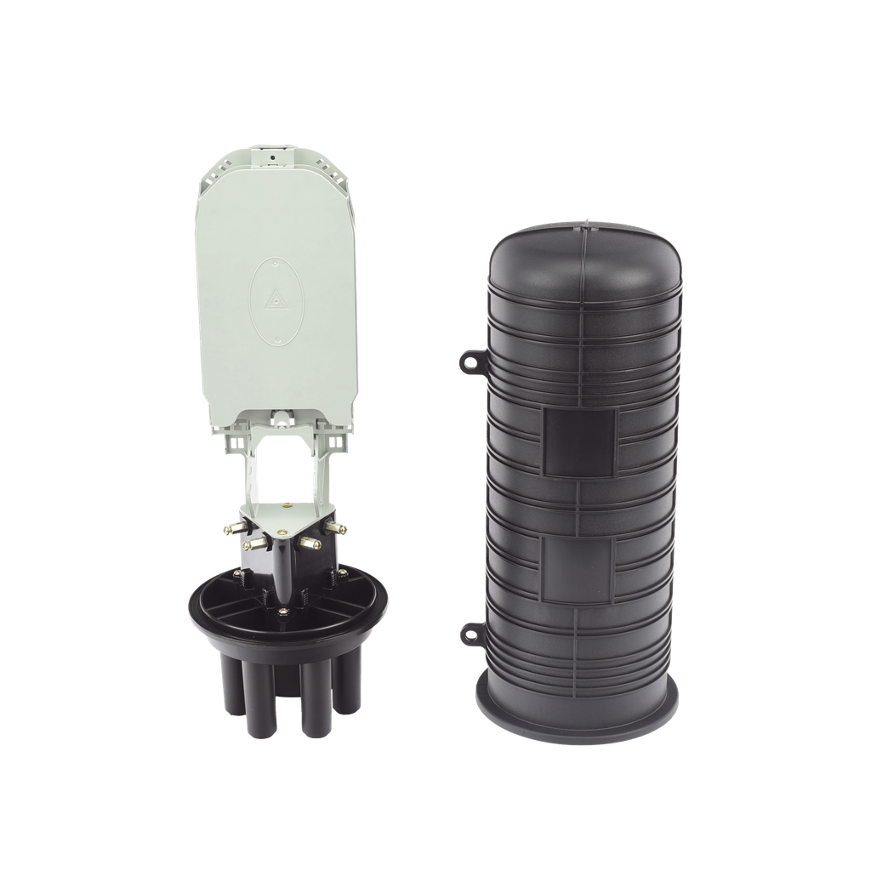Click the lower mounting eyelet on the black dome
tap(470, 631)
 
